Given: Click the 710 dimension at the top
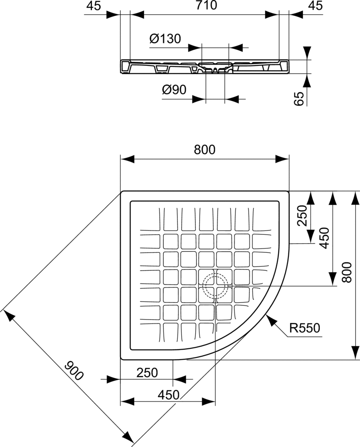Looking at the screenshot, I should click(204, 6).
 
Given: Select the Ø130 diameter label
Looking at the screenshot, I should click(165, 39).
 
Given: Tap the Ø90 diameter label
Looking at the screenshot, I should click(174, 90).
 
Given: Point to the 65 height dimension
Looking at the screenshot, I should click(299, 99).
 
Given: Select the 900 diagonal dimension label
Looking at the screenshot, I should click(73, 370).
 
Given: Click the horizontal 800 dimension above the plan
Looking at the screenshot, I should click(204, 149).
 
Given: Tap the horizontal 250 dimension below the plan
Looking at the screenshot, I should click(147, 372).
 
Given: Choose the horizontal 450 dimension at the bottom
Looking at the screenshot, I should click(168, 395).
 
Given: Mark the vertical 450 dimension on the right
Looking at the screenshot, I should click(325, 238).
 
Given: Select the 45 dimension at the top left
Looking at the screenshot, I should click(93, 6).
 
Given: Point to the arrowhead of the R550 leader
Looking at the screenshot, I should click(270, 322).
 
